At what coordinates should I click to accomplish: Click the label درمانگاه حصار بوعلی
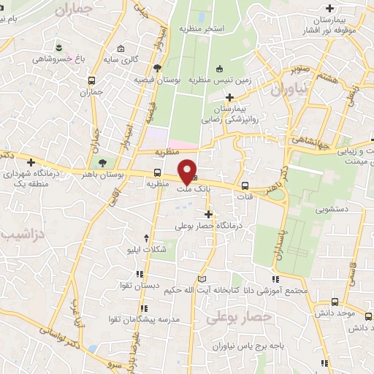pyautogui.click(x=208, y=226)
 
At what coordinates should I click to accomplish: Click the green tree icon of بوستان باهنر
pyautogui.click(x=101, y=163)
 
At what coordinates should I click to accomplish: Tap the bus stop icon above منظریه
pyautogui.click(x=158, y=173)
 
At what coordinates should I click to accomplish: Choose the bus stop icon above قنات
pyautogui.click(x=245, y=186)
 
